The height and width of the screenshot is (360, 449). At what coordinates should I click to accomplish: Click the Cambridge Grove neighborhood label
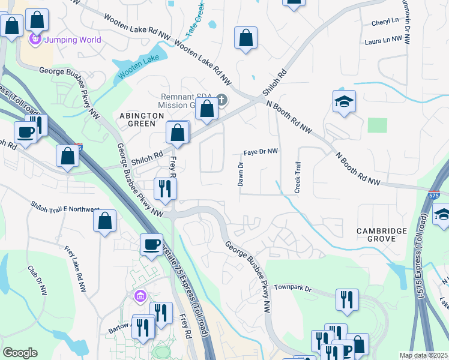tap(385, 235)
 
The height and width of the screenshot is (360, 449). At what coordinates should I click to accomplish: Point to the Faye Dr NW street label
tap(261, 152)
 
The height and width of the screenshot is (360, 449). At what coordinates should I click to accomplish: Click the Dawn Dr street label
tap(240, 175)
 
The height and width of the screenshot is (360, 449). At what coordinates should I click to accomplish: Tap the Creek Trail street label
tap(297, 177)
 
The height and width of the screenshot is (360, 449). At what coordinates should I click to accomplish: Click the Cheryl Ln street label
tap(385, 21)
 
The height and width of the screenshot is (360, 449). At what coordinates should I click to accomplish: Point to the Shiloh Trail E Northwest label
tap(65, 207)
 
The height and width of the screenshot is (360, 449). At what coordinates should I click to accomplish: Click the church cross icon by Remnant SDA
tap(221, 100)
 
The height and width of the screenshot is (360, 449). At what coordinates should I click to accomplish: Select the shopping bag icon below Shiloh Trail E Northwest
tap(104, 220)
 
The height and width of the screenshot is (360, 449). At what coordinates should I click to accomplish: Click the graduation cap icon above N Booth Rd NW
tap(345, 101)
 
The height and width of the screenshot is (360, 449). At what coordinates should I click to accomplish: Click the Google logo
tap(20, 353)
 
